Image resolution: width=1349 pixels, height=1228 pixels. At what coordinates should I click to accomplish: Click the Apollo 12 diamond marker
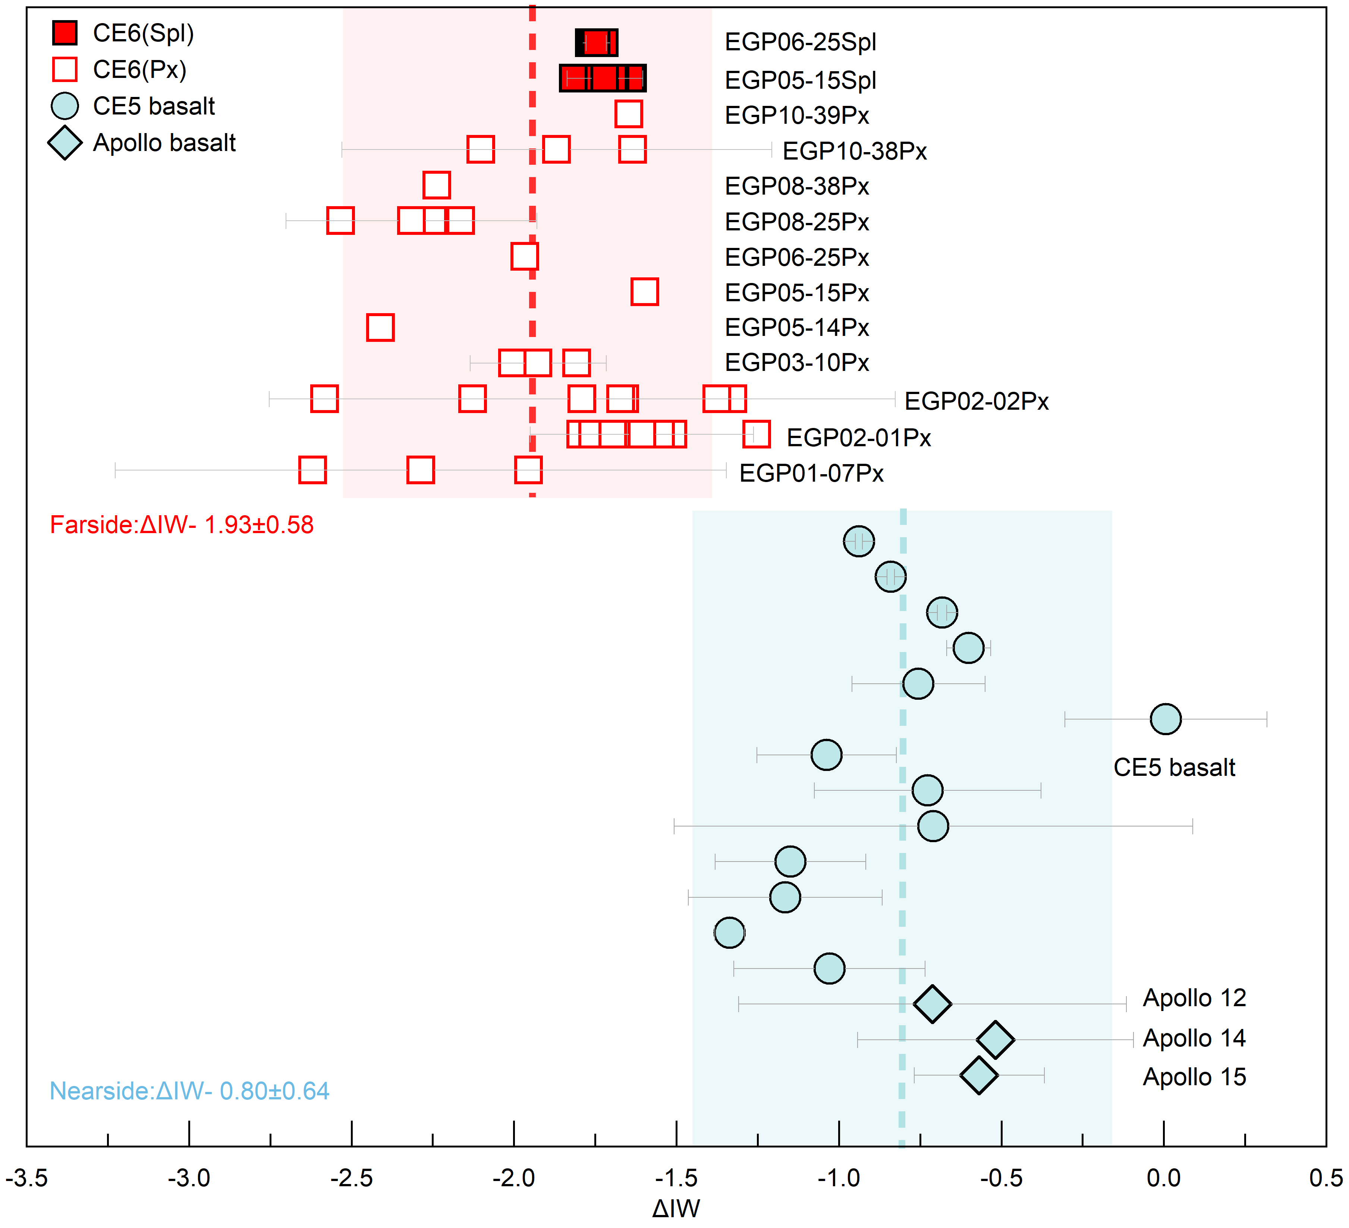932,1004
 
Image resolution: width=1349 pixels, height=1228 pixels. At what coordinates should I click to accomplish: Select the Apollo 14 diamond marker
995,1040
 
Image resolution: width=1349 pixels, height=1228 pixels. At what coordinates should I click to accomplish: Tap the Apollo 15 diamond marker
979,1076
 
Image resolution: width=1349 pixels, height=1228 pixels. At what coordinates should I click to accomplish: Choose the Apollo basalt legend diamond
65,142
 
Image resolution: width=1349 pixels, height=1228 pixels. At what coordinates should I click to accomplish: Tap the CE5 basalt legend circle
65,106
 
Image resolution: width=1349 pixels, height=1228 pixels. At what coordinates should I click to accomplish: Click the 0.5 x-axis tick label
1325,1178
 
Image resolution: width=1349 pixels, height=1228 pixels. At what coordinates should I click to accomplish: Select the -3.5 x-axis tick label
27,1178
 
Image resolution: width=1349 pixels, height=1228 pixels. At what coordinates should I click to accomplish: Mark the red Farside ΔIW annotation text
181,525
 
